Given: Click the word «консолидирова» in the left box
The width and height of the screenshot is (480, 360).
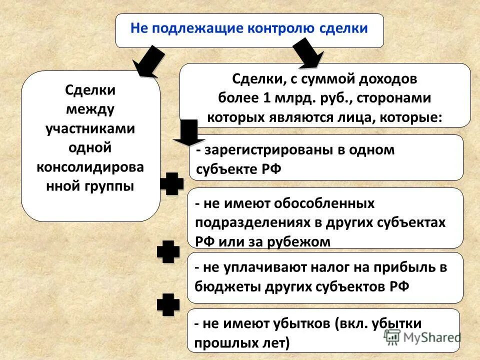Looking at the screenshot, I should coord(90,167).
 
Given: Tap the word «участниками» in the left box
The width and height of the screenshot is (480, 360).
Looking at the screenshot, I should coord(90,128).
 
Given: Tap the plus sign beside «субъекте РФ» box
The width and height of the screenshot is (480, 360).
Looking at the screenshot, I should coord(171,184).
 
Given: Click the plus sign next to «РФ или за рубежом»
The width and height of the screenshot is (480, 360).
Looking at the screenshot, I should coord(168,252).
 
